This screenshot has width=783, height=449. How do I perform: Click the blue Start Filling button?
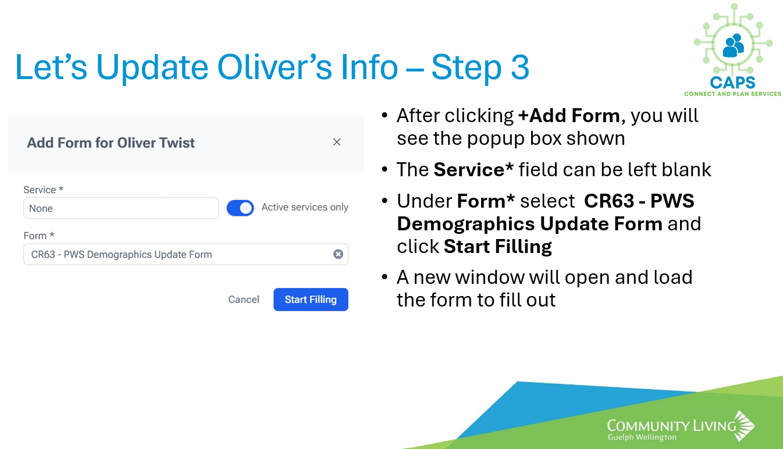pos(311,300)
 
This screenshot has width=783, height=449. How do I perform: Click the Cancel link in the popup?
pos(244,300)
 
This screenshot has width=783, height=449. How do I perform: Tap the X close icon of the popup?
pos(337,142)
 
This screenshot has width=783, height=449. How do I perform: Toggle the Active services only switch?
pos(240,208)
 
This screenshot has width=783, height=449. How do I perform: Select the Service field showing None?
pos(121,208)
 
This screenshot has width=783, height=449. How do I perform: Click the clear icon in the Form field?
pos(338,254)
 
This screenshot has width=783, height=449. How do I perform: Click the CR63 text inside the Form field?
pos(43,254)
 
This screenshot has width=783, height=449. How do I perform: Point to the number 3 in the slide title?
pos(520,67)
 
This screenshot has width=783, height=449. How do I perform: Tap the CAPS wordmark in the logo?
pos(732,83)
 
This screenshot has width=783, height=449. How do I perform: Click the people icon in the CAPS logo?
pos(733,45)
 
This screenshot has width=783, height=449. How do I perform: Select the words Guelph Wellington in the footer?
pos(642,437)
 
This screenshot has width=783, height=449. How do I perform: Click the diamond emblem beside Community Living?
pos(744,426)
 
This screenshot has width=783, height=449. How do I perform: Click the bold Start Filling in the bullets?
pos(498,247)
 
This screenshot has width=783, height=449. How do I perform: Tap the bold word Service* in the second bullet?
pos(474,170)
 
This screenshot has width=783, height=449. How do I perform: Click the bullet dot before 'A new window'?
pos(385,277)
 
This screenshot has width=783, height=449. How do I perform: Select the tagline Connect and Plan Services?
pos(732,94)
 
